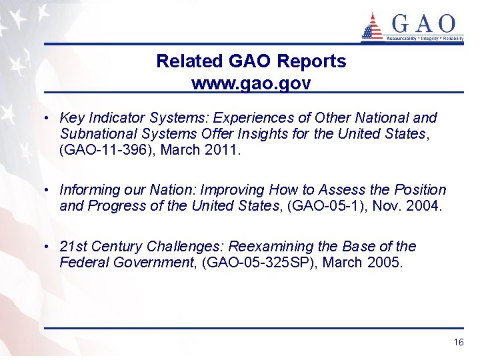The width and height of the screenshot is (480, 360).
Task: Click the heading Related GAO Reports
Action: point(251,61)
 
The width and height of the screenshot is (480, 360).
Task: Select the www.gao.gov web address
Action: point(251,83)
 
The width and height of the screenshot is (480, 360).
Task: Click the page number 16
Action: point(458,342)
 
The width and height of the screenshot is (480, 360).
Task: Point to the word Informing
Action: point(89,190)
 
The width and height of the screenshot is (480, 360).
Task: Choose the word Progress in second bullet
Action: point(119,206)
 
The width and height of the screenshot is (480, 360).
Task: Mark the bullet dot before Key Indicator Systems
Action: point(49,119)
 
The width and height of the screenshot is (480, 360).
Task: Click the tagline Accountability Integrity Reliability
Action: point(425,39)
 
